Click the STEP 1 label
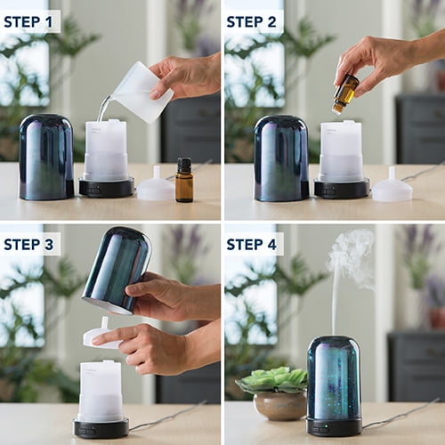(x=28, y=22)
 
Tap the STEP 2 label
(x=251, y=22)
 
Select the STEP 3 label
(x=28, y=245)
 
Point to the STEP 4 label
(x=252, y=245)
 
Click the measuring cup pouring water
(x=140, y=92)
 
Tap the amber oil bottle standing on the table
(x=184, y=180)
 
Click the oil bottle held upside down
(x=345, y=93)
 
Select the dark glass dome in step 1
(x=46, y=157)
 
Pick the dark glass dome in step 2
(x=281, y=158)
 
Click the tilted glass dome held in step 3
(x=117, y=270)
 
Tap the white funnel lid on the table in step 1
(x=156, y=186)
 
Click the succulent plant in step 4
(x=272, y=379)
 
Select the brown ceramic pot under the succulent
(x=279, y=406)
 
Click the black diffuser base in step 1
(x=106, y=187)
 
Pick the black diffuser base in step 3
(x=101, y=427)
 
